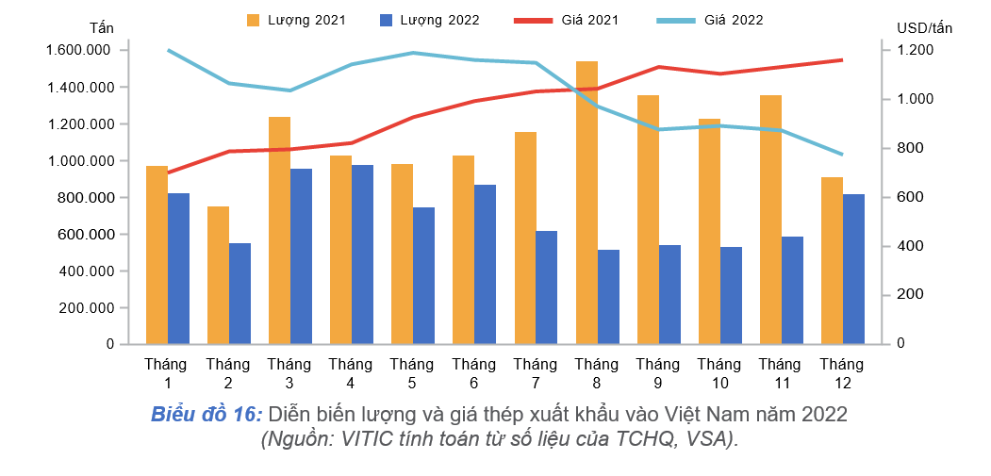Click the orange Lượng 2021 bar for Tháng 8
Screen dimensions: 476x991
586,203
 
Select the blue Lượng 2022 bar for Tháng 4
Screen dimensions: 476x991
362,254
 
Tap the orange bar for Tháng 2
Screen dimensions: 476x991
218,275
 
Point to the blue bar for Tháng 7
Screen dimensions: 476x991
547,287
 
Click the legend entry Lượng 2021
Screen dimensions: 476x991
295,20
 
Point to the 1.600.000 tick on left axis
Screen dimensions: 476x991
78,50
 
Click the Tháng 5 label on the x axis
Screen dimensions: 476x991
411,373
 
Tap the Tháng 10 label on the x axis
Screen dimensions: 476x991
720,373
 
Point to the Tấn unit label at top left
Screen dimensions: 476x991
101,27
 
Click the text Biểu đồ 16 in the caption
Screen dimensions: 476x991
206,414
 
